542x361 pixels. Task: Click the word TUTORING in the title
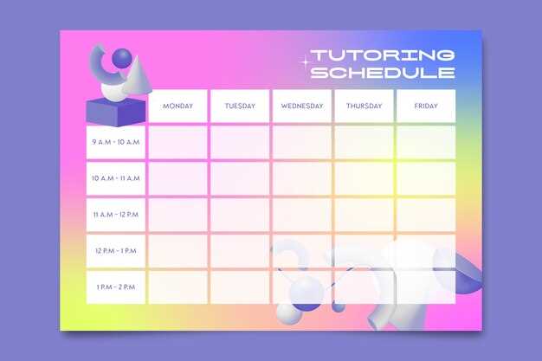point(383,55)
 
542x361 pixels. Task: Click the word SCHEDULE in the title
point(383,72)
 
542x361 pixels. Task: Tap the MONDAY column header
point(177,106)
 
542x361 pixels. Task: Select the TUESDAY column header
point(240,106)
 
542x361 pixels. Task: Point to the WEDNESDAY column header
point(302,106)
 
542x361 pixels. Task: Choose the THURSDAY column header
point(364,106)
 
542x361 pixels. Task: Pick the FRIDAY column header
point(426,106)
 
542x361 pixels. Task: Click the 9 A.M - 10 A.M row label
point(116,142)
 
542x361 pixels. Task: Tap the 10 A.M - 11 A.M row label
point(116,178)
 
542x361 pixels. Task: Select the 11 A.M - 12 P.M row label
point(116,215)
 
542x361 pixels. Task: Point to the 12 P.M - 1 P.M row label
point(116,251)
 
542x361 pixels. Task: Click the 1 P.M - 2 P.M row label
point(116,287)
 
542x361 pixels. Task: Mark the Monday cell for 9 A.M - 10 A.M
point(177,142)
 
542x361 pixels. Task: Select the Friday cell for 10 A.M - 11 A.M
point(426,178)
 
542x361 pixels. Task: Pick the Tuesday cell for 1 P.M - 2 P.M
point(240,287)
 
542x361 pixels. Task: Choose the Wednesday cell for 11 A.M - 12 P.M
point(302,215)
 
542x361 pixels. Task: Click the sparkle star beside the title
point(305,62)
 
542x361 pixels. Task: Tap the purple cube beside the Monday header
point(116,112)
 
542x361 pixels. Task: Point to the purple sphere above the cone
point(122,58)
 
